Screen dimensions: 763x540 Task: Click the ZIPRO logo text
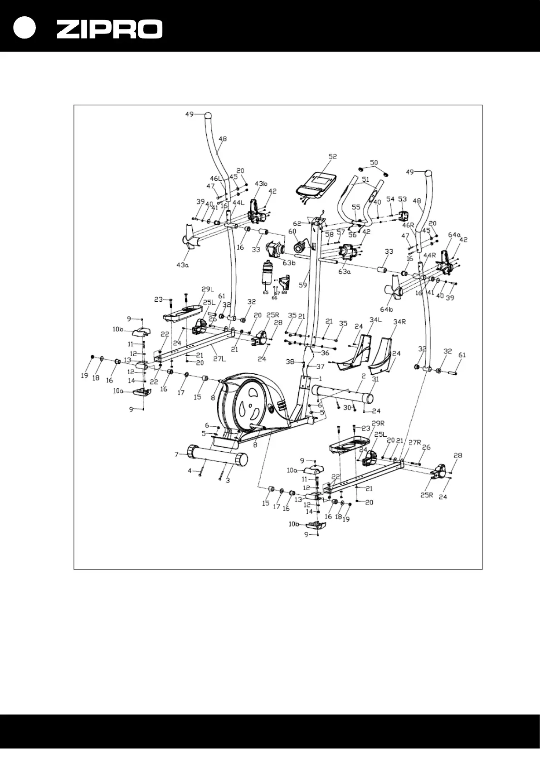pyautogui.click(x=109, y=29)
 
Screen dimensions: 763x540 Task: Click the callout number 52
pyautogui.click(x=333, y=156)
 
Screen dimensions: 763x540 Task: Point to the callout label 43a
pyautogui.click(x=182, y=265)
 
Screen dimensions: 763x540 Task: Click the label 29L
pyautogui.click(x=208, y=289)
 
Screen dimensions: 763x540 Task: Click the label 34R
pyautogui.click(x=399, y=322)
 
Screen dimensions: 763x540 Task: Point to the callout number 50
pyautogui.click(x=374, y=162)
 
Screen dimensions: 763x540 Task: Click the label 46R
pyautogui.click(x=409, y=225)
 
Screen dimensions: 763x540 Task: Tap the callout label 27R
pyautogui.click(x=415, y=442)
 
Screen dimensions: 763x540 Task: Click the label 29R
pyautogui.click(x=378, y=423)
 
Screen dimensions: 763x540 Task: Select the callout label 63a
pyautogui.click(x=345, y=272)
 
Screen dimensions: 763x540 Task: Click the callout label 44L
pyautogui.click(x=238, y=203)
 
